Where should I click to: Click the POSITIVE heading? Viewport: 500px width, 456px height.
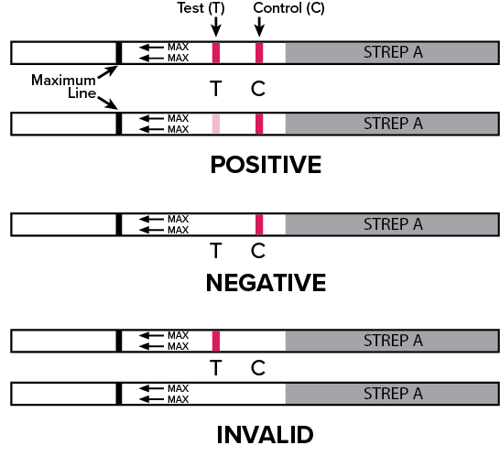(x=266, y=165)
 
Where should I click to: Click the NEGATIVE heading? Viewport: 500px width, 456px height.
(x=266, y=283)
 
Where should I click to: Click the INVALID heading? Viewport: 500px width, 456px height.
(x=265, y=435)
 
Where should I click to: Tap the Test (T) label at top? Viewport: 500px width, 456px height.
(x=201, y=8)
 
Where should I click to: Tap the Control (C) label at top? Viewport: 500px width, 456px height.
(x=288, y=8)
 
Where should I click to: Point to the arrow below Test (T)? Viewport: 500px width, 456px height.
(x=216, y=27)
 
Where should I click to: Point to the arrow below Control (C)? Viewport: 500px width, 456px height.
(x=259, y=27)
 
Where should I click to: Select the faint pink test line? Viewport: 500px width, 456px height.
(x=216, y=124)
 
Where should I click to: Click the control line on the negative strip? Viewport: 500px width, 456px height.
(x=259, y=224)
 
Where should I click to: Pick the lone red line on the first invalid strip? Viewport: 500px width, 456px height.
(x=216, y=341)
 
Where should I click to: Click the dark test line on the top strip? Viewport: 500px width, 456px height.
(x=216, y=53)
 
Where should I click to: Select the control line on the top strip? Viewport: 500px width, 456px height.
(x=259, y=53)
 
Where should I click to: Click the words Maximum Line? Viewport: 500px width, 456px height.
(x=64, y=86)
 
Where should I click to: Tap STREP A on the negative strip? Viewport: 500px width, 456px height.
(x=393, y=224)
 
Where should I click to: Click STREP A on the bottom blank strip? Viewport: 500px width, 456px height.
(x=393, y=394)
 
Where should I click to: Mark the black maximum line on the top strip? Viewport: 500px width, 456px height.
(x=119, y=53)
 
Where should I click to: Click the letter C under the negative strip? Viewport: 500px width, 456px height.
(x=258, y=251)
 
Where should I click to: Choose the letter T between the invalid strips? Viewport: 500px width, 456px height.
(x=216, y=368)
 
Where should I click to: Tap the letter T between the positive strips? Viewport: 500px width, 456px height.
(x=216, y=88)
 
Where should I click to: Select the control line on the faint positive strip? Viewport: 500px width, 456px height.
(x=259, y=124)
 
